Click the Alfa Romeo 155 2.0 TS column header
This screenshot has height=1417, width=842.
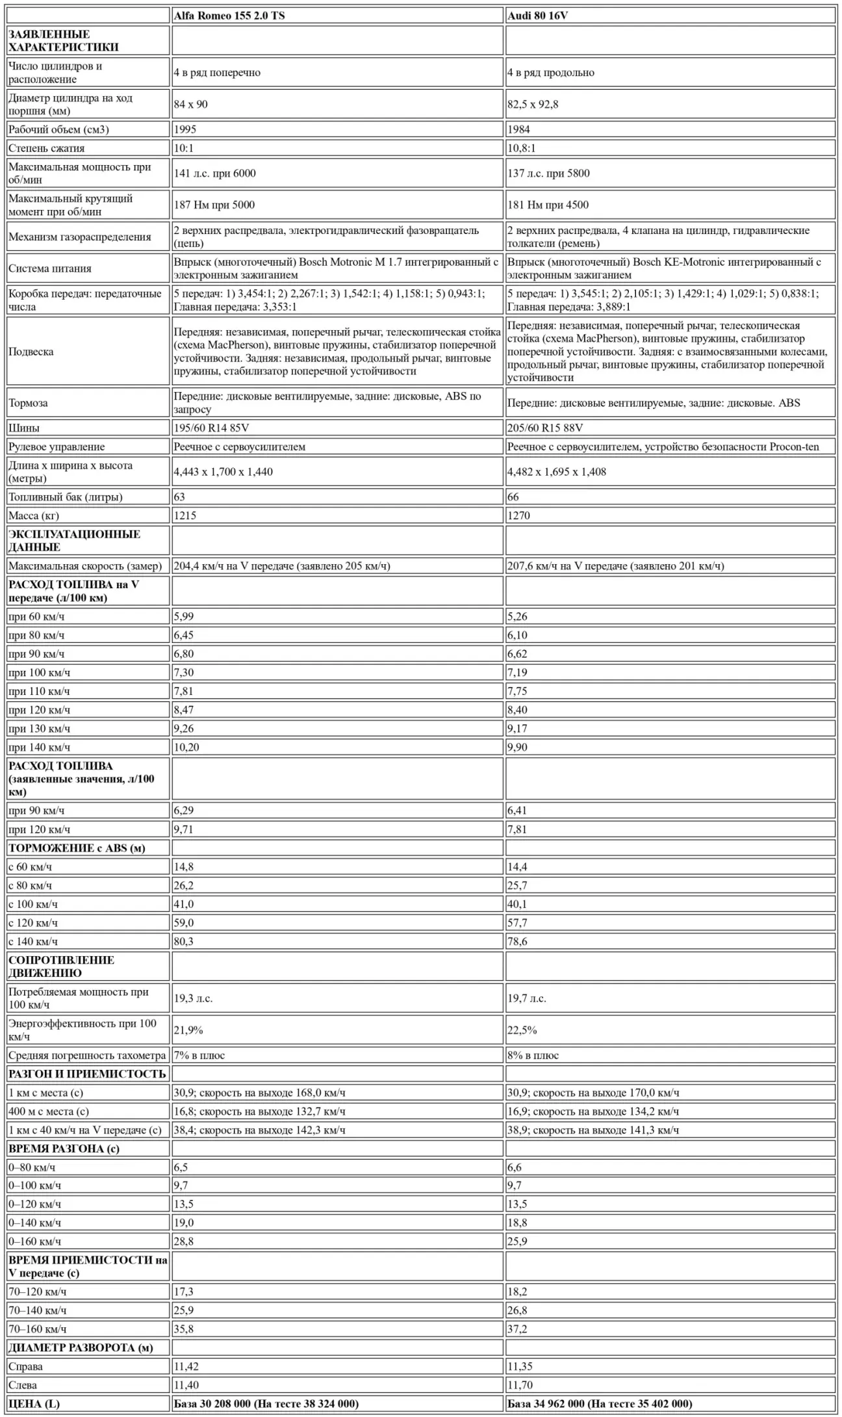229,16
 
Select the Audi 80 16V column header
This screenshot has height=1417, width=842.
537,16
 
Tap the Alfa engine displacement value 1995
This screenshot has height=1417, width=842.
185,129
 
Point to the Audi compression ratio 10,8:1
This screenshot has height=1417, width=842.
521,148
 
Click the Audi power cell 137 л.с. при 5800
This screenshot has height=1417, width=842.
548,174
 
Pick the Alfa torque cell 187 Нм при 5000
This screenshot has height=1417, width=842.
214,205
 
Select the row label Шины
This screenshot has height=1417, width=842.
23,428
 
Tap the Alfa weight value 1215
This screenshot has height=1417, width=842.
185,515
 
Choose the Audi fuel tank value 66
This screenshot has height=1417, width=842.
513,497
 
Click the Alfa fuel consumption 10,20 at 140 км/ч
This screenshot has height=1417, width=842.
186,747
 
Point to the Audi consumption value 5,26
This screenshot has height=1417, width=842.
517,617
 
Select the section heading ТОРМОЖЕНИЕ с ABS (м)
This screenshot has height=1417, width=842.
77,848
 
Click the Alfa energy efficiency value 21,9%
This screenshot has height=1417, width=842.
188,1030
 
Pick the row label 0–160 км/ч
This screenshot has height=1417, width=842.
34,1241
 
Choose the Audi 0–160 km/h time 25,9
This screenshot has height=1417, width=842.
517,1241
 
